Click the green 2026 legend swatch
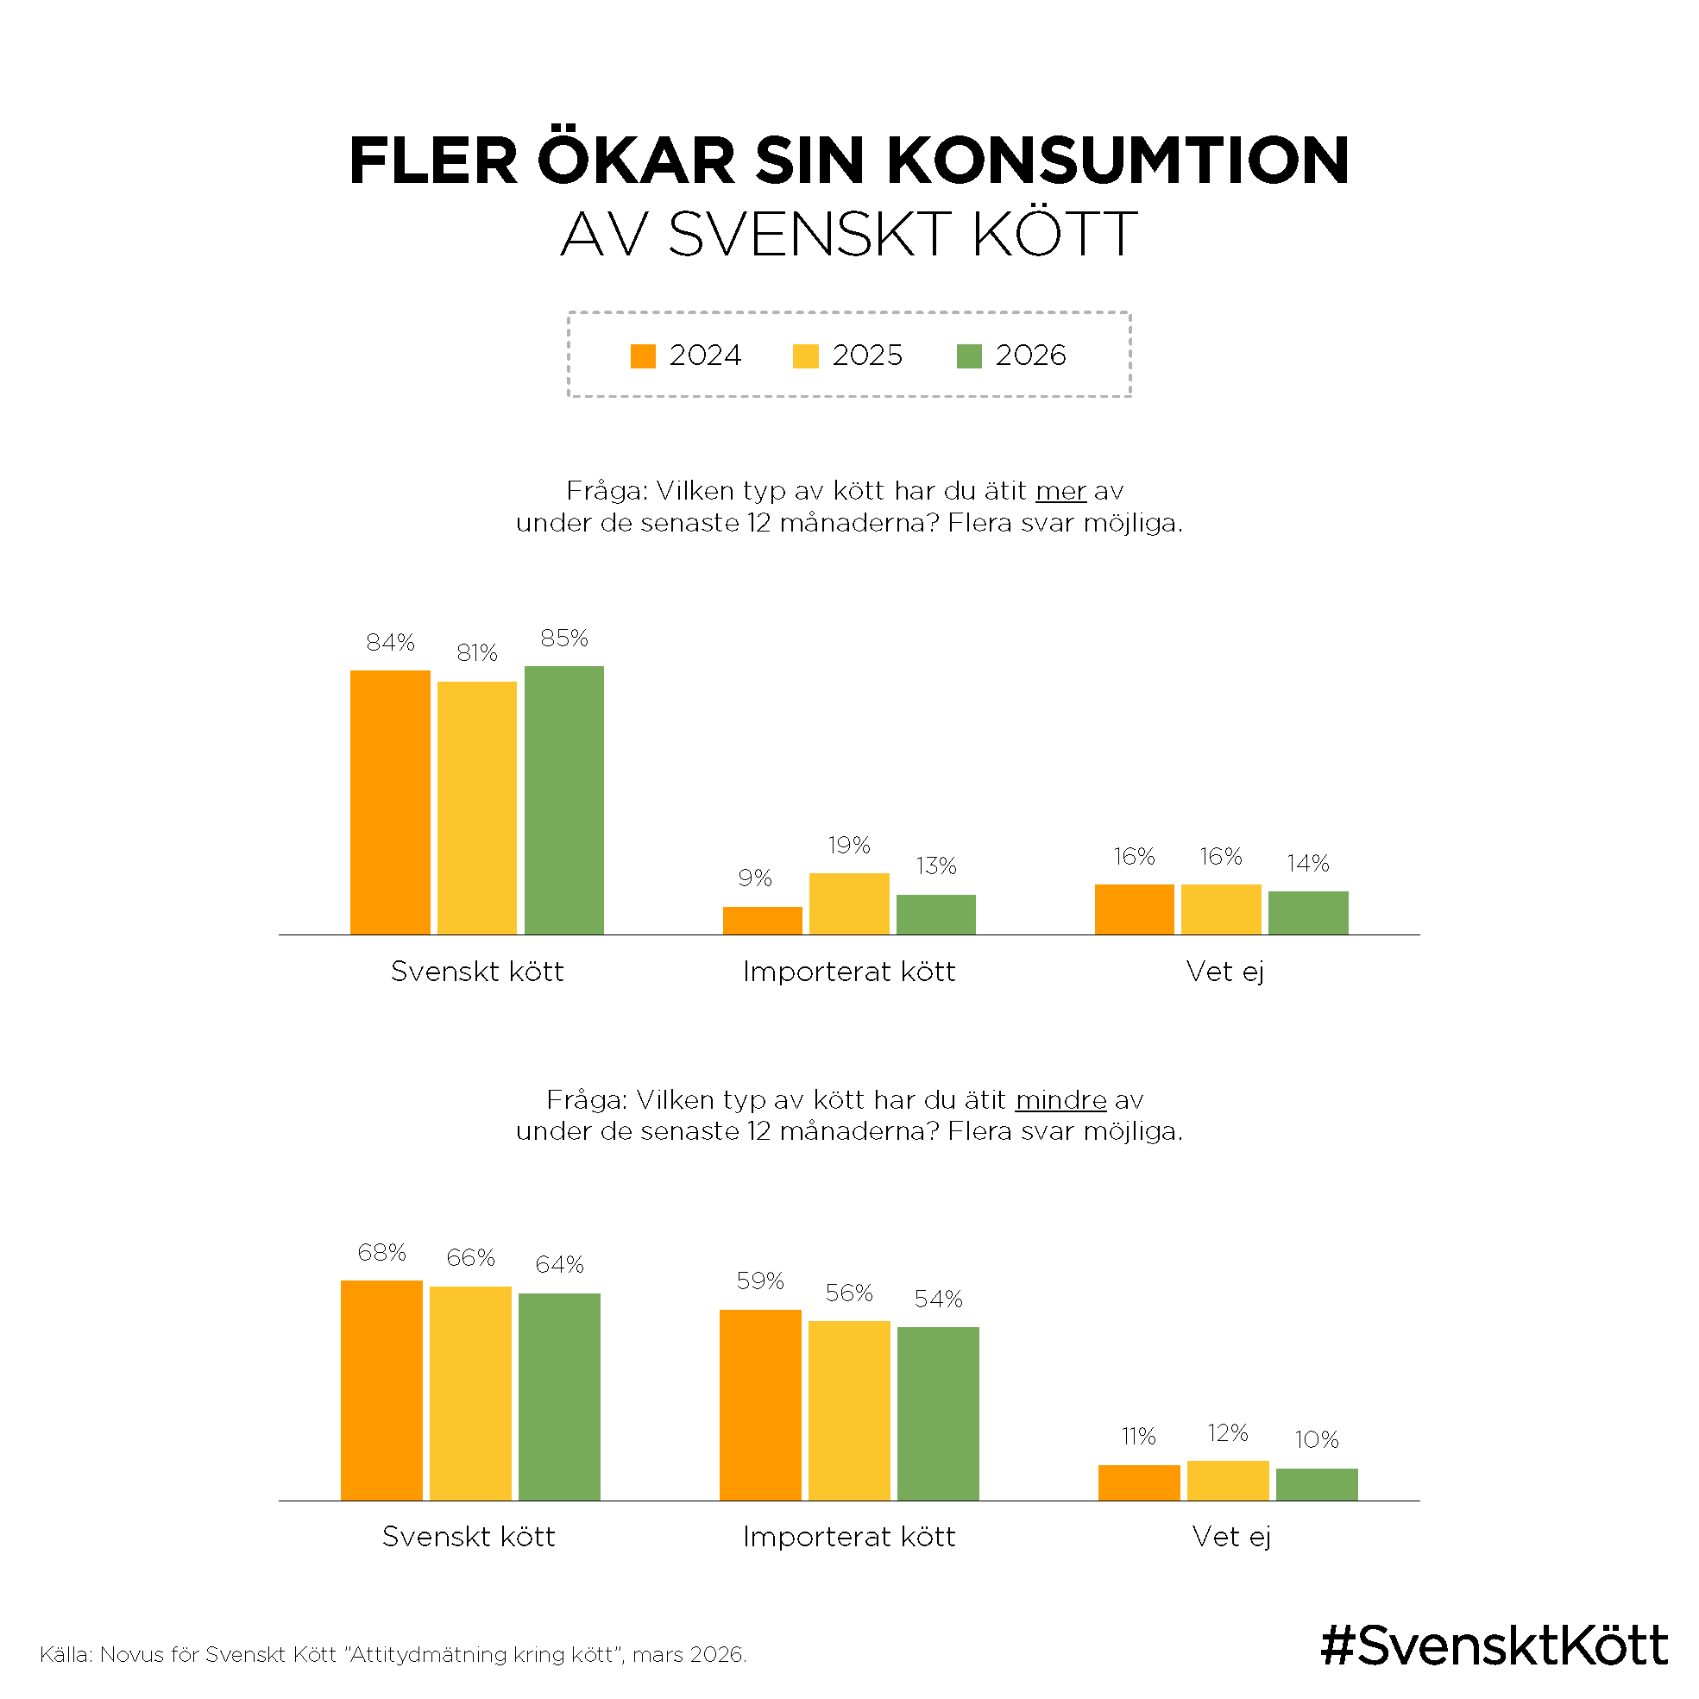[x=968, y=356]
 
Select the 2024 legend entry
[x=686, y=356]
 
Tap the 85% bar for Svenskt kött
[x=563, y=800]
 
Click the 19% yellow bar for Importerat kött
[x=848, y=903]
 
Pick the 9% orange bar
[x=762, y=920]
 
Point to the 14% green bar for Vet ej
[x=1307, y=912]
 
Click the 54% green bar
[x=937, y=1413]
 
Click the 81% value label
[x=476, y=652]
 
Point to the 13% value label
[x=935, y=865]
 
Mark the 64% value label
[x=559, y=1264]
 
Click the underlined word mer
[x=1060, y=491]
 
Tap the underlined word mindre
[x=1060, y=1100]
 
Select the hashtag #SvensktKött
[x=1494, y=1646]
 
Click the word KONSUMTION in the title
[x=1117, y=161]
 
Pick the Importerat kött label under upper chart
[x=848, y=971]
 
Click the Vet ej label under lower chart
[x=1231, y=1536]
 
